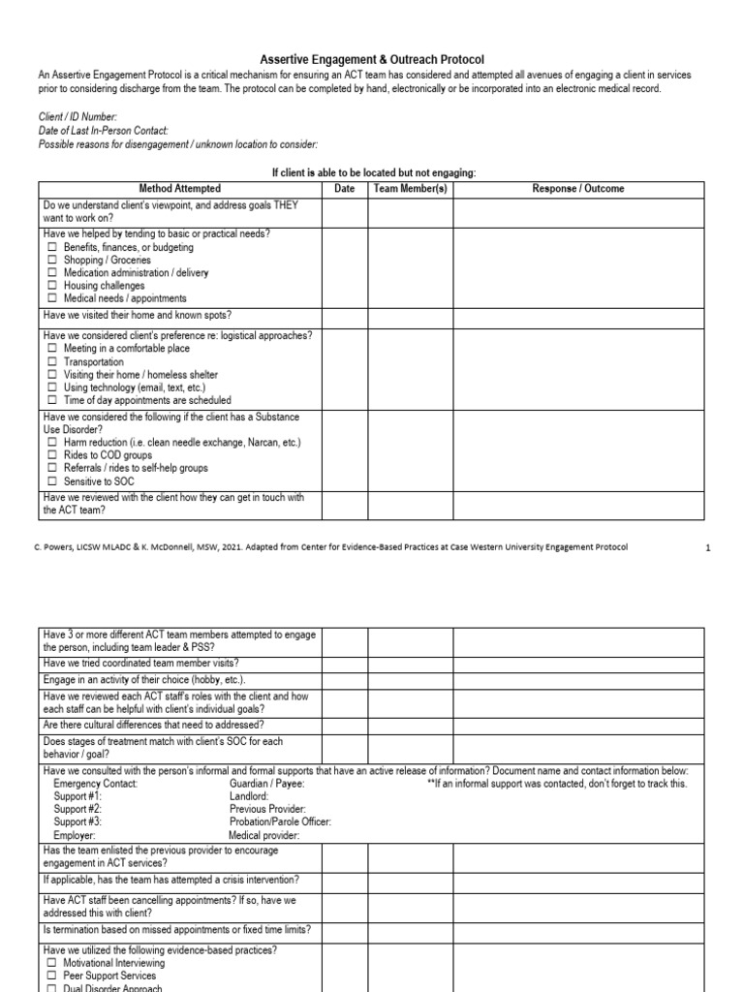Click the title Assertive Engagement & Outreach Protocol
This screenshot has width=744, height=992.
[x=372, y=60]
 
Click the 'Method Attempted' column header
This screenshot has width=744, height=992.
[x=179, y=189]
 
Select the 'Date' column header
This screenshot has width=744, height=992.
[x=345, y=189]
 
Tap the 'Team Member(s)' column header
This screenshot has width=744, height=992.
[x=410, y=189]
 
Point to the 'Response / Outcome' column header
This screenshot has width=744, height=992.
[x=578, y=189]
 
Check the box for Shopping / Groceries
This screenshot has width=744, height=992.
[x=52, y=261]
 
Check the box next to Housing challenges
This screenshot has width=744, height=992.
[x=52, y=286]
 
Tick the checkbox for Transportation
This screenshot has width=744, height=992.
[x=52, y=362]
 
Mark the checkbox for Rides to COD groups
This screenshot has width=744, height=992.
[x=52, y=455]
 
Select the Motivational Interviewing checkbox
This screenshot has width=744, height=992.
[x=52, y=964]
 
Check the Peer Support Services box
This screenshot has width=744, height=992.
[x=52, y=976]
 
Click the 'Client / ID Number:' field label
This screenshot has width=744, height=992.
[x=77, y=116]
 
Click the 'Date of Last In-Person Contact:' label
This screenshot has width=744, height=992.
[x=104, y=130]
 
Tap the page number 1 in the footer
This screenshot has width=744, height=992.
[x=707, y=547]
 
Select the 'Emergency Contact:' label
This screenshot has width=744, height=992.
[x=96, y=784]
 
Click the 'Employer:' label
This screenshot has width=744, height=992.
[x=75, y=834]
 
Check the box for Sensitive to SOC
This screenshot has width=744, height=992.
[x=52, y=481]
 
